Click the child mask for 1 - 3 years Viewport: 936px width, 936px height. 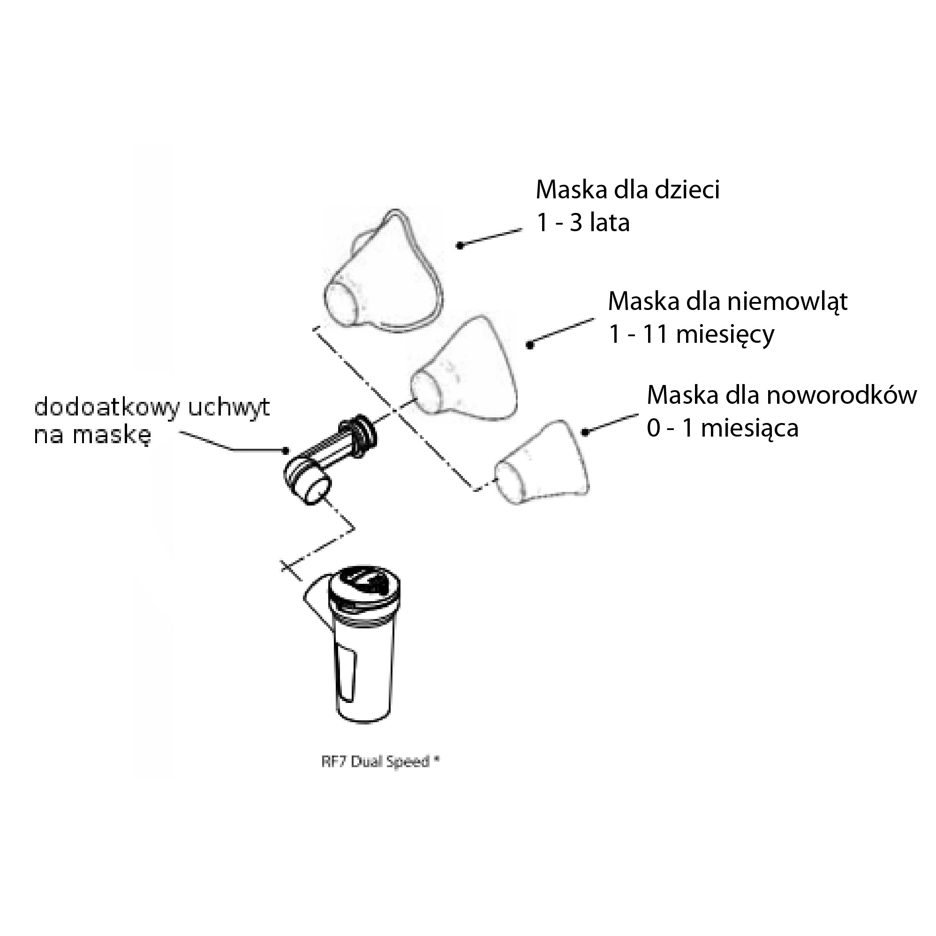click(x=383, y=276)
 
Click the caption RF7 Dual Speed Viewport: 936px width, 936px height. click(x=380, y=762)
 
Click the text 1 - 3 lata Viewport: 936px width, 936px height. click(x=583, y=223)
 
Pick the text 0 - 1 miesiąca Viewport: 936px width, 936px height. click(x=722, y=428)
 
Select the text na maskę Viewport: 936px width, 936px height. click(x=92, y=435)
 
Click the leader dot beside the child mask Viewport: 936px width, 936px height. click(x=460, y=246)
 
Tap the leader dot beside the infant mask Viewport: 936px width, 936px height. click(x=530, y=346)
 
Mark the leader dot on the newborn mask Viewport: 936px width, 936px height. click(x=585, y=432)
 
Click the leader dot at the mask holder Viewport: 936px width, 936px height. click(x=287, y=451)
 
